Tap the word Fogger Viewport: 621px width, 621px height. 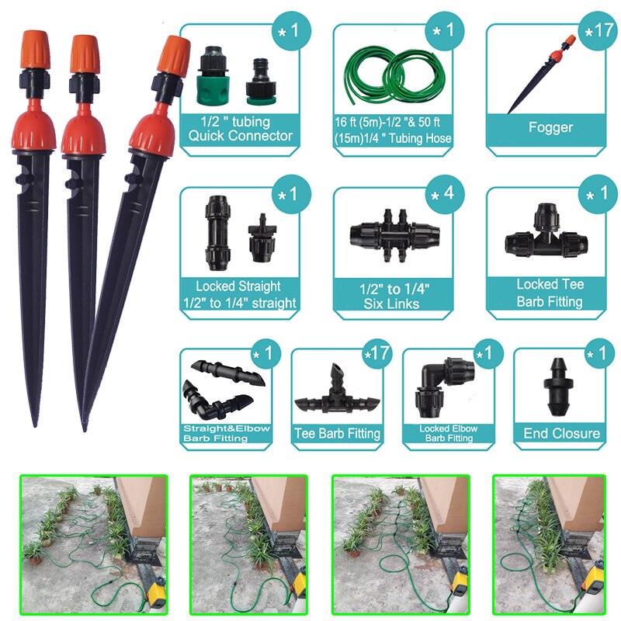550,127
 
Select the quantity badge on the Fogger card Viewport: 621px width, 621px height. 599,33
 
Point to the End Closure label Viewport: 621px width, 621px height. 561,433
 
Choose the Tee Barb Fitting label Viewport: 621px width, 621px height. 337,433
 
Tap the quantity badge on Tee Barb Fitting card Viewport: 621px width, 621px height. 376,353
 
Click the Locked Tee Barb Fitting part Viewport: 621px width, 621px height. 547,235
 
